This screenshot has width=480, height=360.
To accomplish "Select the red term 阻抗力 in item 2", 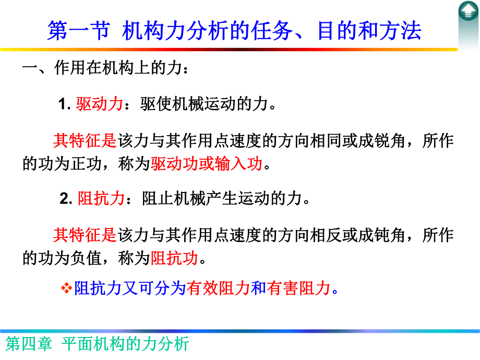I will [x=101, y=199].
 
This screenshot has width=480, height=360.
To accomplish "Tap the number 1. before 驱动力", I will [x=64, y=105].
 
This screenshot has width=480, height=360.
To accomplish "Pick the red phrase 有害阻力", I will [x=299, y=289].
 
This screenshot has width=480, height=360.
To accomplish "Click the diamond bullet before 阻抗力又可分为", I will [x=66, y=289].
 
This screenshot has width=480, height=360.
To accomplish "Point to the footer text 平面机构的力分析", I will [x=125, y=345].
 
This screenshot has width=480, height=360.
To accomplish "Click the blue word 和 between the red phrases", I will [x=258, y=289].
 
